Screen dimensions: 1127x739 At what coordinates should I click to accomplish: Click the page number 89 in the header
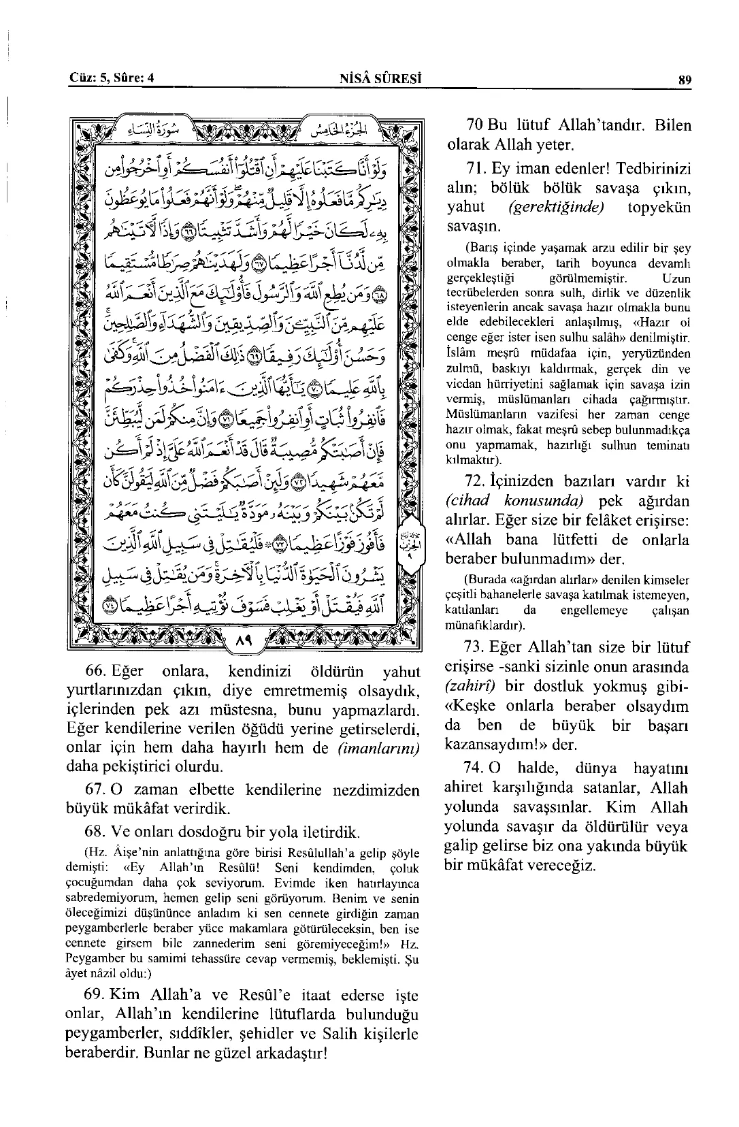point(685,79)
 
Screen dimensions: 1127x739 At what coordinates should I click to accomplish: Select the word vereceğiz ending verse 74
point(557,866)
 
